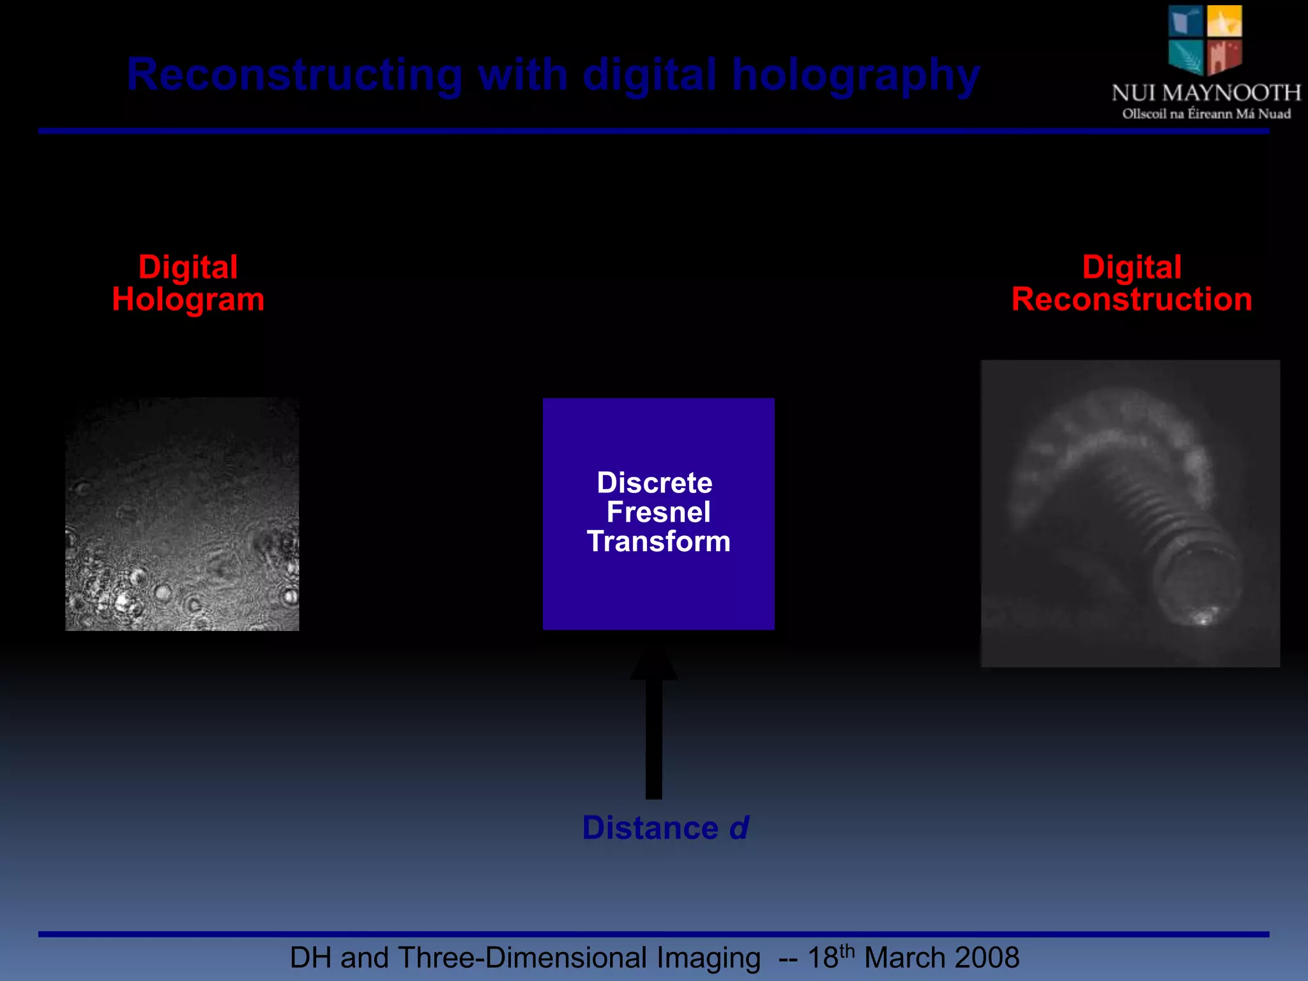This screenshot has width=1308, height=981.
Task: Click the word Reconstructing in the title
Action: click(294, 75)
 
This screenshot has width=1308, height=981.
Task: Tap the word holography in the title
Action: click(855, 75)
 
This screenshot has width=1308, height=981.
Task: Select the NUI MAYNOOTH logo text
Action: click(1206, 93)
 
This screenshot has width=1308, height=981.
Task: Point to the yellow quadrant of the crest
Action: click(1224, 21)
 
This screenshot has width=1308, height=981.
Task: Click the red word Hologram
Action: click(188, 300)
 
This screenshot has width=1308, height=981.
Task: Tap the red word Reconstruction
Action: click(1131, 300)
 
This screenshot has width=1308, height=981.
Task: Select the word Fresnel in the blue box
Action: click(658, 512)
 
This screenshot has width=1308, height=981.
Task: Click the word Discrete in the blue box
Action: click(655, 482)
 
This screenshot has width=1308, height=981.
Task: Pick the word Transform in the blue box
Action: click(658, 542)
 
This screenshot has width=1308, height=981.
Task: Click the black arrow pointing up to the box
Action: click(653, 728)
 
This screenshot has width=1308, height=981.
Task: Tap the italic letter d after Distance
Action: click(738, 828)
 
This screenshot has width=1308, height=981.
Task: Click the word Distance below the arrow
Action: click(650, 828)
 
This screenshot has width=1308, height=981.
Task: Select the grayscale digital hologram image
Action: click(182, 514)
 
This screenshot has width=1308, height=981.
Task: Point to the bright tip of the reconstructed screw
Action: click(1202, 618)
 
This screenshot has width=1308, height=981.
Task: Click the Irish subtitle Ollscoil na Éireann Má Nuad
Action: click(1206, 114)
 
